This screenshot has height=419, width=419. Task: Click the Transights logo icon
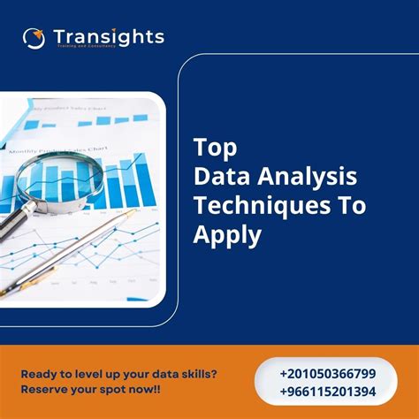34,38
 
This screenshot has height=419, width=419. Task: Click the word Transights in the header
108,36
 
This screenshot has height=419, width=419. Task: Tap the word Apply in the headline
227,236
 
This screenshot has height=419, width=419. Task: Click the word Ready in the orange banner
41,371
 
